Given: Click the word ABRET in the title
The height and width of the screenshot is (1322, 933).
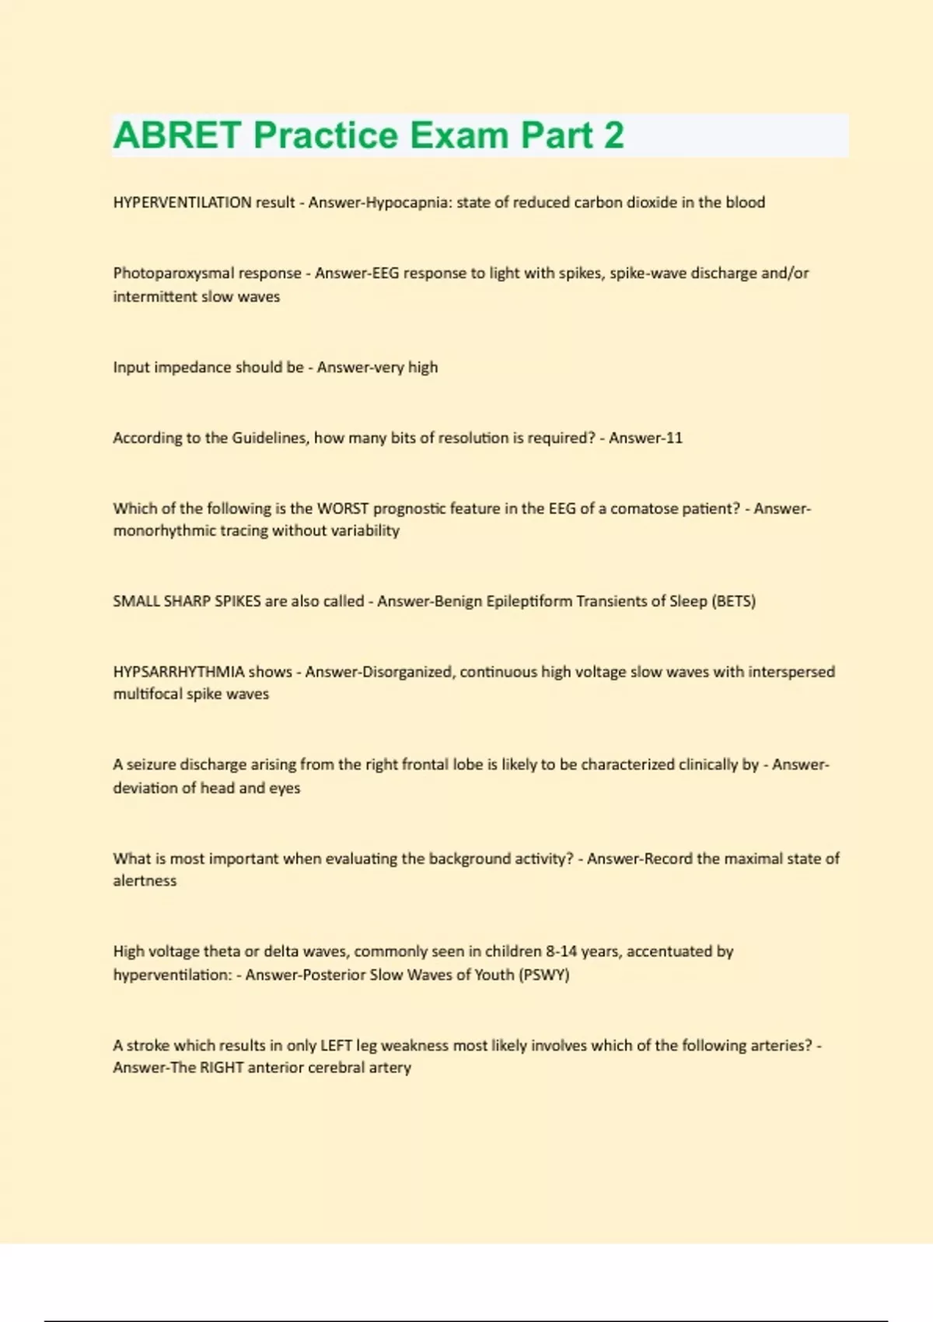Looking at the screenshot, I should pos(177,135).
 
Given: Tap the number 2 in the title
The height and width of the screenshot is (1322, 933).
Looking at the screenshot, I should pos(613,135).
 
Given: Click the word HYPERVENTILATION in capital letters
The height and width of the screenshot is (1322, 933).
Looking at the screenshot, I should pos(182,202).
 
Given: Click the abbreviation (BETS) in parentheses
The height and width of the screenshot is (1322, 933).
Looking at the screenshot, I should pos(733,601).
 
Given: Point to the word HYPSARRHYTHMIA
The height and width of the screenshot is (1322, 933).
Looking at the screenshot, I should pos(179,671).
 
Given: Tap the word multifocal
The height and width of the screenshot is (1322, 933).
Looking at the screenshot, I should pos(147,694).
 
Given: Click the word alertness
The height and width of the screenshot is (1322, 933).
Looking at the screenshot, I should pos(145,880).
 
